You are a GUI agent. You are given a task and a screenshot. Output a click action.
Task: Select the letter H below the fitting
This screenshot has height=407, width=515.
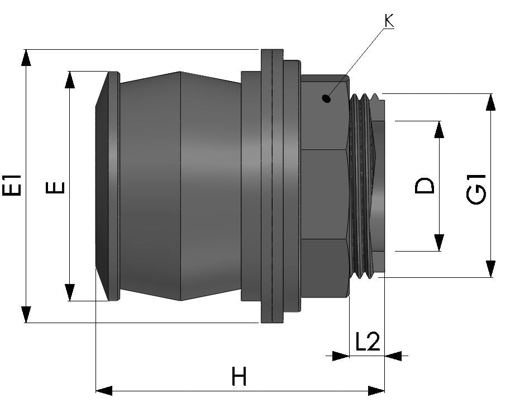tap(240, 378)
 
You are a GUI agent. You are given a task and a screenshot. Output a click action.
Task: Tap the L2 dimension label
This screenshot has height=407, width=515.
tap(367, 341)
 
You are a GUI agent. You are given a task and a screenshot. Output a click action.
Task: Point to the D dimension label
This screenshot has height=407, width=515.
tap(425, 186)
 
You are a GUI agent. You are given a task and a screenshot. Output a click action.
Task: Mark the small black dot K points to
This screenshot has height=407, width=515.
tap(326, 99)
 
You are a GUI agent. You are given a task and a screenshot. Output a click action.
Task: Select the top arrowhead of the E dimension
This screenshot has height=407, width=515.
tap(70, 79)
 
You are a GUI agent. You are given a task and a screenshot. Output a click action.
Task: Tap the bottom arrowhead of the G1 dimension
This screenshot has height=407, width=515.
tap(490, 269)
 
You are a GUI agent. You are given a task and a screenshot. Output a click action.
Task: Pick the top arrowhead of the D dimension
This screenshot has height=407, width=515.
tap(438, 129)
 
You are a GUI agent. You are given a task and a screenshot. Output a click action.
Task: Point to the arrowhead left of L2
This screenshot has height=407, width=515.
tap(340, 355)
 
